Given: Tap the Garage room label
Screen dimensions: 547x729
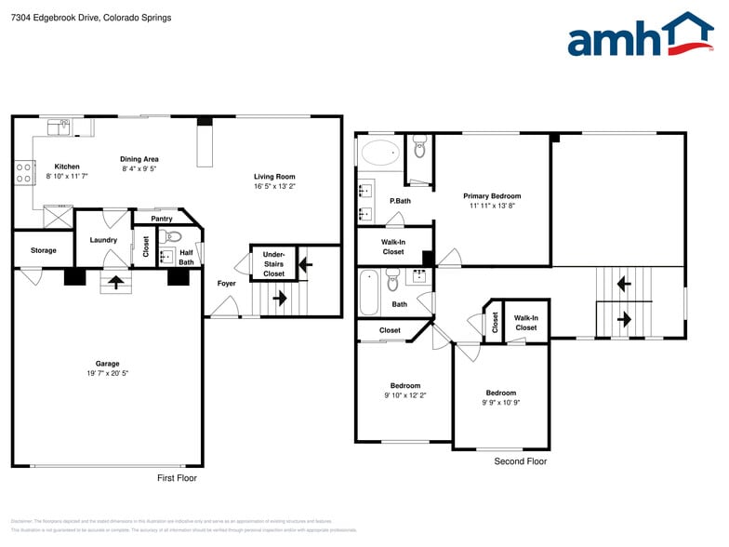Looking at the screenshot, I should click(x=107, y=364).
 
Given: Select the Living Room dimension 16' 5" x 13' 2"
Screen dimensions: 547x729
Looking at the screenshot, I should click(x=274, y=186).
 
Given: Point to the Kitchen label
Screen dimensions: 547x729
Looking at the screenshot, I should click(x=67, y=167).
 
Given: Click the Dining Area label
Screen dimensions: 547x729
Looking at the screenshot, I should click(x=139, y=159).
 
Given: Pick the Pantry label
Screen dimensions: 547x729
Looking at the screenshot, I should click(x=162, y=219).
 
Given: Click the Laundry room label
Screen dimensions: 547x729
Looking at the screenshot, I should click(x=103, y=240).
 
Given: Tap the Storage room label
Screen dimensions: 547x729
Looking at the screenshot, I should click(x=43, y=250).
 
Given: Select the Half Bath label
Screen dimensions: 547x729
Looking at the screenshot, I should click(x=186, y=257).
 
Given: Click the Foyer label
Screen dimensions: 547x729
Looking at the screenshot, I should click(x=226, y=283).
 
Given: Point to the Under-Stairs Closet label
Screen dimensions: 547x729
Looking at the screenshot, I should click(x=273, y=263).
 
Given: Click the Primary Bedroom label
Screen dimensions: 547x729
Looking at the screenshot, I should click(x=492, y=196).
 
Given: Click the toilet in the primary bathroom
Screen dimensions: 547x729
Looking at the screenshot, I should click(x=419, y=145).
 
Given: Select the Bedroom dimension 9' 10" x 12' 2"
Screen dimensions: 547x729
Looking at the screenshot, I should click(x=405, y=395).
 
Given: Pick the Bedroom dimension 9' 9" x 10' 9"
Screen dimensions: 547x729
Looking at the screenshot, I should click(x=500, y=403).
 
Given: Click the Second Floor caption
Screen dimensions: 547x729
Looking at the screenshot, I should click(x=520, y=461).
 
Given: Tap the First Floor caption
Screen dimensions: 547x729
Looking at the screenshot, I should click(x=176, y=478).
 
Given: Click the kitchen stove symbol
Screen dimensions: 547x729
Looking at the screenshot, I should click(x=22, y=171).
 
